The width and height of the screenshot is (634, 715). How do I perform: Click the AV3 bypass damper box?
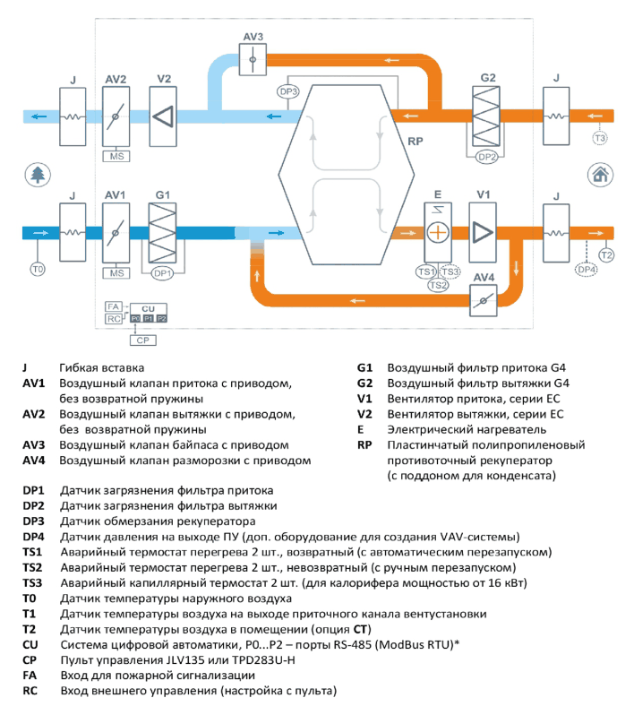coord(253,59)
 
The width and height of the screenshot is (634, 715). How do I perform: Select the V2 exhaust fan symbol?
coord(163,116)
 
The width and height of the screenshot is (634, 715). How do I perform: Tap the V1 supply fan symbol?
coord(483,233)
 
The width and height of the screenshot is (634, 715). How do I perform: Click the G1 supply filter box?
coord(162,233)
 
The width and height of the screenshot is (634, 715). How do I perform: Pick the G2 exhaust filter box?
coord(486,116)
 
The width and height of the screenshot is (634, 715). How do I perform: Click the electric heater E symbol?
coord(438,233)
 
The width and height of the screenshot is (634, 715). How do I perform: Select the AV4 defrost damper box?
coord(484,300)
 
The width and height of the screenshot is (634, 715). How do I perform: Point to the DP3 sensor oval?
coord(288,91)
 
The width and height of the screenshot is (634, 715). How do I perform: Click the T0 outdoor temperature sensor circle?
coord(38,270)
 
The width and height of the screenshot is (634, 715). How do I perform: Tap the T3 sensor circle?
coord(600,138)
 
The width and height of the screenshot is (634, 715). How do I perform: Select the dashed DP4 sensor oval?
coord(587,270)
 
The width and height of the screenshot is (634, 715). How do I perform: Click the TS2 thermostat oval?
coord(438,286)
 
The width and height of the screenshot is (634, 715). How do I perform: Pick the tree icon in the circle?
coord(38,175)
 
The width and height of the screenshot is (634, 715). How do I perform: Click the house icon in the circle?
coord(600,175)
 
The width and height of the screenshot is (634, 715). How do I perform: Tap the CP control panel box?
coord(143,340)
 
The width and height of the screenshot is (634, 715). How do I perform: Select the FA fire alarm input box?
coord(114,306)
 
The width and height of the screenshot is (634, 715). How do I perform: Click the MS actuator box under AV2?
coord(116,157)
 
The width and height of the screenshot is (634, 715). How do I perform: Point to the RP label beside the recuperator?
coord(416,142)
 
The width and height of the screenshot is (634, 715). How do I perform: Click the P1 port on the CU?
coord(149,319)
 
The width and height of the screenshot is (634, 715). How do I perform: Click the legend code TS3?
coord(32,582)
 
